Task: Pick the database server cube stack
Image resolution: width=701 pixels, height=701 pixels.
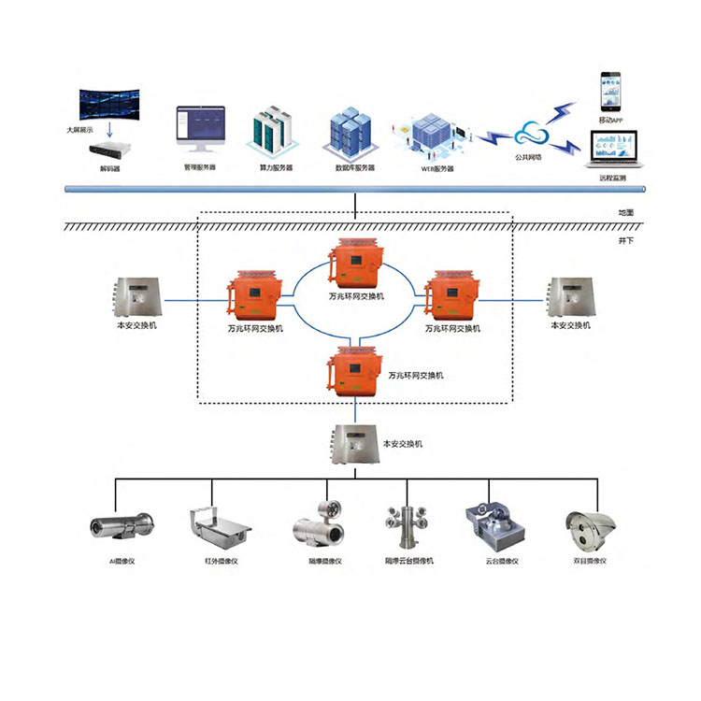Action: tap(351, 132)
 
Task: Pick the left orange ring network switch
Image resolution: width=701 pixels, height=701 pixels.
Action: tap(253, 295)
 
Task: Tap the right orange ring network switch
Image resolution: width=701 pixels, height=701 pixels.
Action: tap(451, 295)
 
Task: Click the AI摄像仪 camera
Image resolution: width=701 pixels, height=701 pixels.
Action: tap(122, 528)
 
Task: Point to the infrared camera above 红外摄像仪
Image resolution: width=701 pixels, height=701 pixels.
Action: tap(219, 529)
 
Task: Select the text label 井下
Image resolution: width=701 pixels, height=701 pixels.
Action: tap(625, 239)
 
